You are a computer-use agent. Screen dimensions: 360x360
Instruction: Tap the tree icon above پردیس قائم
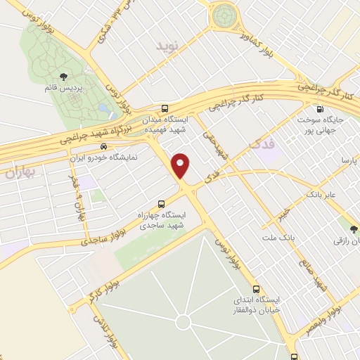click(x=64, y=76)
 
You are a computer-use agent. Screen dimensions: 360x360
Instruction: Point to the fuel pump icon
click(x=321, y=109)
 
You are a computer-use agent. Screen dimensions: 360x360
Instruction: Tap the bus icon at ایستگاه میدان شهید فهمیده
click(x=165, y=109)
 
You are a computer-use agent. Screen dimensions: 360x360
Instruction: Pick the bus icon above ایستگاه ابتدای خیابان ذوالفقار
click(x=255, y=288)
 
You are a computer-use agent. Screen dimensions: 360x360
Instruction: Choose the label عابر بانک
click(x=320, y=192)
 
